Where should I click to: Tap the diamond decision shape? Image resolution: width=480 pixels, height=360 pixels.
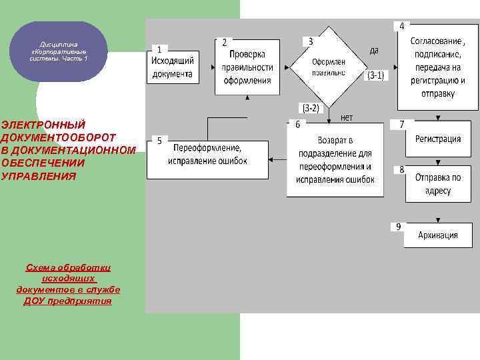(328, 62)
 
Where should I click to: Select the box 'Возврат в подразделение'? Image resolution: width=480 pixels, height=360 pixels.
(335, 161)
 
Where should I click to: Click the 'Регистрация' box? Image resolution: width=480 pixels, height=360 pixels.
(438, 139)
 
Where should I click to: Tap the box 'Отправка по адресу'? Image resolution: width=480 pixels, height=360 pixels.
(438, 184)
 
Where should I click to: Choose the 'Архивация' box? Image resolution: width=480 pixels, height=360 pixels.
(438, 235)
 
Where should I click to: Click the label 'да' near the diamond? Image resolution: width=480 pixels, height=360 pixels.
(375, 50)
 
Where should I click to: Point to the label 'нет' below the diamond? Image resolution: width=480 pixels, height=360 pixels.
(347, 117)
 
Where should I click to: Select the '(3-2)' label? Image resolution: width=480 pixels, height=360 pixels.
(310, 107)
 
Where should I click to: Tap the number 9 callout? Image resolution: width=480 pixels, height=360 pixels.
(398, 227)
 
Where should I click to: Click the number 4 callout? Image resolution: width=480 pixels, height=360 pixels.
(401, 26)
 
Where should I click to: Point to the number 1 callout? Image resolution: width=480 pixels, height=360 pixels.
(159, 49)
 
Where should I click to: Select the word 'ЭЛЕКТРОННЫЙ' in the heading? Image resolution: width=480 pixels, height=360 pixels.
(43, 125)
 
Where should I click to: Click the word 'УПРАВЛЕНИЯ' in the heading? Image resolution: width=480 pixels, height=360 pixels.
(39, 176)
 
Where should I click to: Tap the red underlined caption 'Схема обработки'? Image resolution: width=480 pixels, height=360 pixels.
(68, 267)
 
